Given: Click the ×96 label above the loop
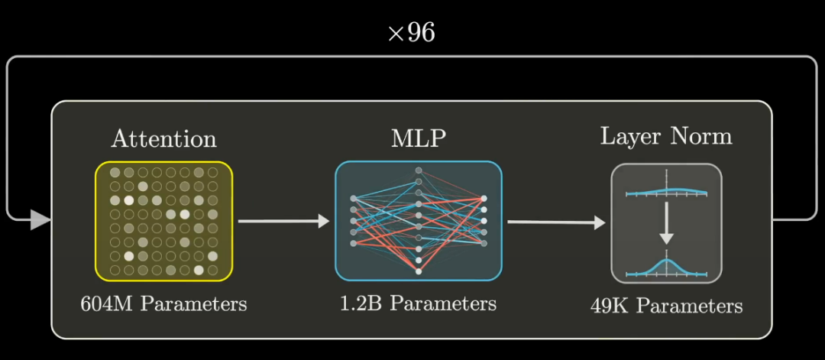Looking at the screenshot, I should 411,34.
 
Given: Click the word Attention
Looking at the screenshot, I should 163,139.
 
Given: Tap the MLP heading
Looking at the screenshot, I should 418,139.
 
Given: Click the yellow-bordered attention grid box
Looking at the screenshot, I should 163,221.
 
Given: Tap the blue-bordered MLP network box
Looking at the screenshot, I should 418,221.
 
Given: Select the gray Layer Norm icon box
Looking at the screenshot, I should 666,223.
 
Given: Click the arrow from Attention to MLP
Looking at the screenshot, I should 283,222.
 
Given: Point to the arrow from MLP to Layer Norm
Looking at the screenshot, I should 555,222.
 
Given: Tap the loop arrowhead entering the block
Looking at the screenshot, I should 40,222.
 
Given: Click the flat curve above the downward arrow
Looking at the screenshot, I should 666,192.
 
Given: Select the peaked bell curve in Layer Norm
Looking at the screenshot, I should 667,266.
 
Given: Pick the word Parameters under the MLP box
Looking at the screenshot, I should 443,303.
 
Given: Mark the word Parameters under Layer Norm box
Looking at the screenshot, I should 690,306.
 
